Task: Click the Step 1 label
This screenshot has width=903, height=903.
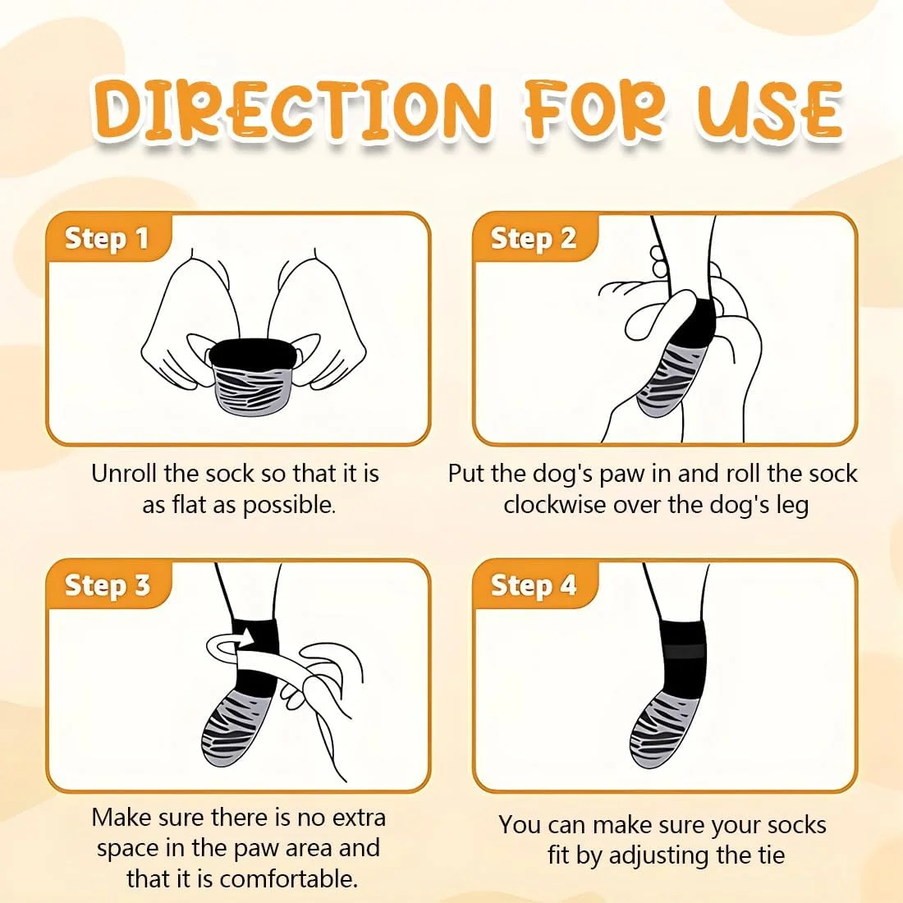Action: coord(107,238)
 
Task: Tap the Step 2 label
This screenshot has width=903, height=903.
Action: coord(534,238)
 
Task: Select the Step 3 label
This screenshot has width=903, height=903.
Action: coord(107,584)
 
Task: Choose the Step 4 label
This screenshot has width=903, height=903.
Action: coord(534,584)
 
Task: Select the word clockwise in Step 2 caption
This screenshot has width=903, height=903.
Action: coord(555,505)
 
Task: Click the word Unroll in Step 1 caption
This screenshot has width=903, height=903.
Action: coord(124,474)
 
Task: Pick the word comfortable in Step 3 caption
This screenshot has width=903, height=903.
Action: coord(288,879)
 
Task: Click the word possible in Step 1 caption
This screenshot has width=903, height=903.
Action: coord(289,505)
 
